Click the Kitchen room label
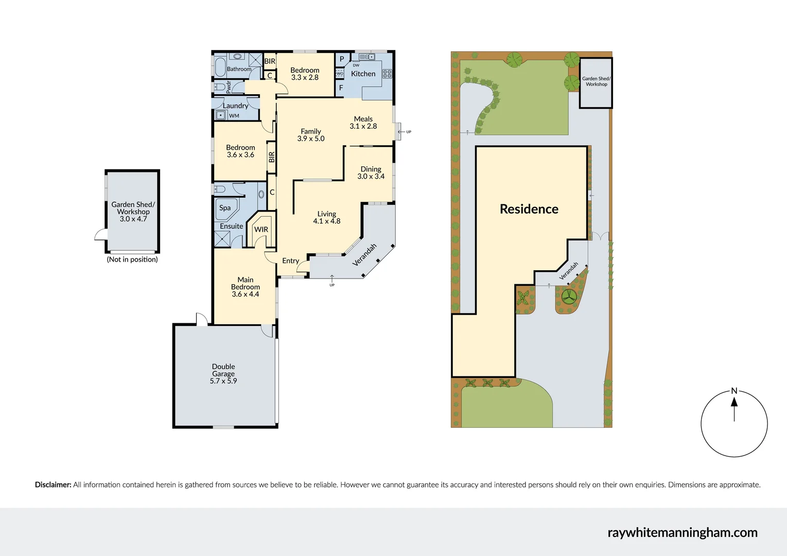pyautogui.click(x=363, y=74)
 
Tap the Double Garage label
pyautogui.click(x=223, y=370)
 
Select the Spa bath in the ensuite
pyautogui.click(x=225, y=208)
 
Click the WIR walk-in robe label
pyautogui.click(x=261, y=230)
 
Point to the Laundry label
pyautogui.click(x=235, y=106)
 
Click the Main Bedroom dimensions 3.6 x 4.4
pyautogui.click(x=246, y=294)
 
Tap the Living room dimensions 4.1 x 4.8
pyautogui.click(x=327, y=221)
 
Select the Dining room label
pyautogui.click(x=371, y=169)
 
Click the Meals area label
pyautogui.click(x=363, y=119)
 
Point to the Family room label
pyautogui.click(x=311, y=131)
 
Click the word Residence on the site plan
pyautogui.click(x=529, y=209)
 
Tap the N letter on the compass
pyautogui.click(x=734, y=391)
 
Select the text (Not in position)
pyautogui.click(x=132, y=259)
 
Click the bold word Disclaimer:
pyautogui.click(x=53, y=484)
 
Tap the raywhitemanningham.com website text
pyautogui.click(x=683, y=532)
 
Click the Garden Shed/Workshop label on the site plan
pyautogui.click(x=596, y=81)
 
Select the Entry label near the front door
pyautogui.click(x=290, y=261)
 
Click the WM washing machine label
pyautogui.click(x=234, y=116)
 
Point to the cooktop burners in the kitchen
pyautogui.click(x=387, y=74)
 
